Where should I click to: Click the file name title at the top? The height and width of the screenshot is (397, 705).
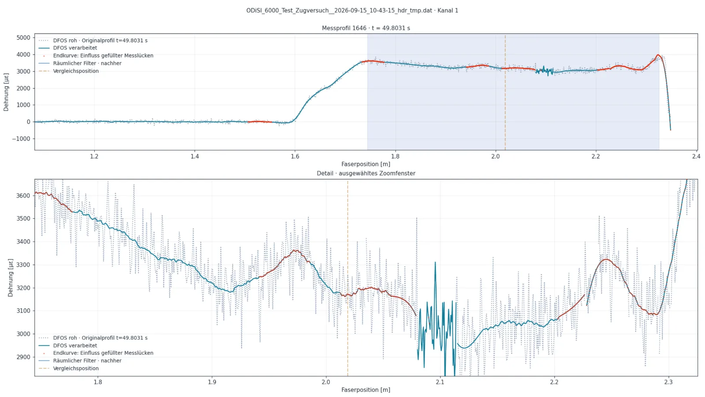point(352,11)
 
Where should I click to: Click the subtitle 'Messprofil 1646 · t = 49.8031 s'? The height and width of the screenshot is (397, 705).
point(366,28)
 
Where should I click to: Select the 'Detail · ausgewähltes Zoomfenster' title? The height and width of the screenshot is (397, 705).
point(366,173)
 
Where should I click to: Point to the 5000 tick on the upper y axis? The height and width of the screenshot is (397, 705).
point(23,37)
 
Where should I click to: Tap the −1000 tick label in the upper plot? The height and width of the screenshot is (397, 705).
point(21,139)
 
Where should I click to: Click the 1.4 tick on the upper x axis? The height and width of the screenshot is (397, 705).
point(194,156)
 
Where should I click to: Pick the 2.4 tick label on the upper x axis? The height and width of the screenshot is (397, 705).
point(696,156)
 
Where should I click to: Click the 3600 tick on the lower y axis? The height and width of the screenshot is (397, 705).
point(23,196)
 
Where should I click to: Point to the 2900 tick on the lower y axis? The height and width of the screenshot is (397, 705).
point(23,357)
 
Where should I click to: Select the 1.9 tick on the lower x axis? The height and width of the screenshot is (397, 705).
point(212,382)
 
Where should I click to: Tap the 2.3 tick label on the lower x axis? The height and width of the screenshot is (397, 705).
point(668,382)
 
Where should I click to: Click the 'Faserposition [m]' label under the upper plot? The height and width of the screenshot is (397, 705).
point(366,164)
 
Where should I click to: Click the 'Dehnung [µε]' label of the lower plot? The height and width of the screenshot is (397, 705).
point(11,277)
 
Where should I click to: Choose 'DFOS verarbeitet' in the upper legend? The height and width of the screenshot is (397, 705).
point(75,48)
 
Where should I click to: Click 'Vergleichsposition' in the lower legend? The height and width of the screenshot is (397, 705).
point(76,368)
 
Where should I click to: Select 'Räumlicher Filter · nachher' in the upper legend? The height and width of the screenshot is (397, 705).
point(87,64)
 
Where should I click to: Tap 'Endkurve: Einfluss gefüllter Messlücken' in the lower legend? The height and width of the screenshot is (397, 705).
point(103,353)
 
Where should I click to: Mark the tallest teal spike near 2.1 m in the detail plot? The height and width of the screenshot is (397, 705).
point(435,262)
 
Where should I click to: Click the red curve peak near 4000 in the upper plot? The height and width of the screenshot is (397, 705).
point(658,55)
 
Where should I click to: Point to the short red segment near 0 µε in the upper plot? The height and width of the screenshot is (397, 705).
point(260,122)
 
